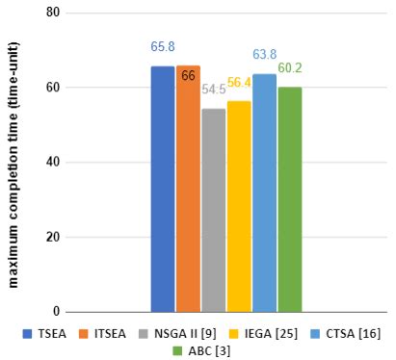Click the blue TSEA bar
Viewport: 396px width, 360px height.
tap(163, 189)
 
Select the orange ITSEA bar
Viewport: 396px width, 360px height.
tap(188, 189)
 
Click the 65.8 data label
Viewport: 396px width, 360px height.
tap(163, 46)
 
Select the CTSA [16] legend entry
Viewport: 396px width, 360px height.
tap(340, 333)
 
